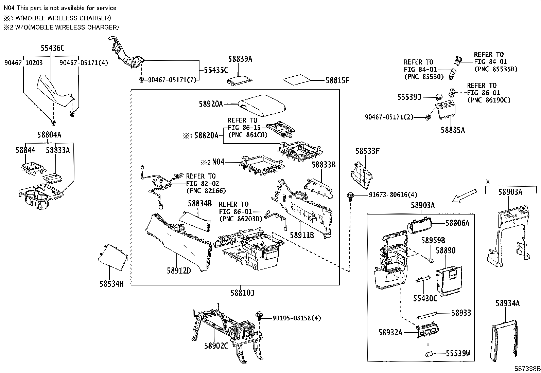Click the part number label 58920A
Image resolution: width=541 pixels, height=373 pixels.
211,104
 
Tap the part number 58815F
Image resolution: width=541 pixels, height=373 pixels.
337,80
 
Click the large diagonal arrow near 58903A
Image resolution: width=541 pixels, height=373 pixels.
465,196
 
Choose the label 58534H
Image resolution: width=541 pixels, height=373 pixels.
111,284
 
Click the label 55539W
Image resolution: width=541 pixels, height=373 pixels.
457,354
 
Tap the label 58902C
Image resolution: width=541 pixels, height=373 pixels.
216,346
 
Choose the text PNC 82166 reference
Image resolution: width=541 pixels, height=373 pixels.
206,191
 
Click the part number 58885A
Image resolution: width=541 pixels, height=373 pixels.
453,130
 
